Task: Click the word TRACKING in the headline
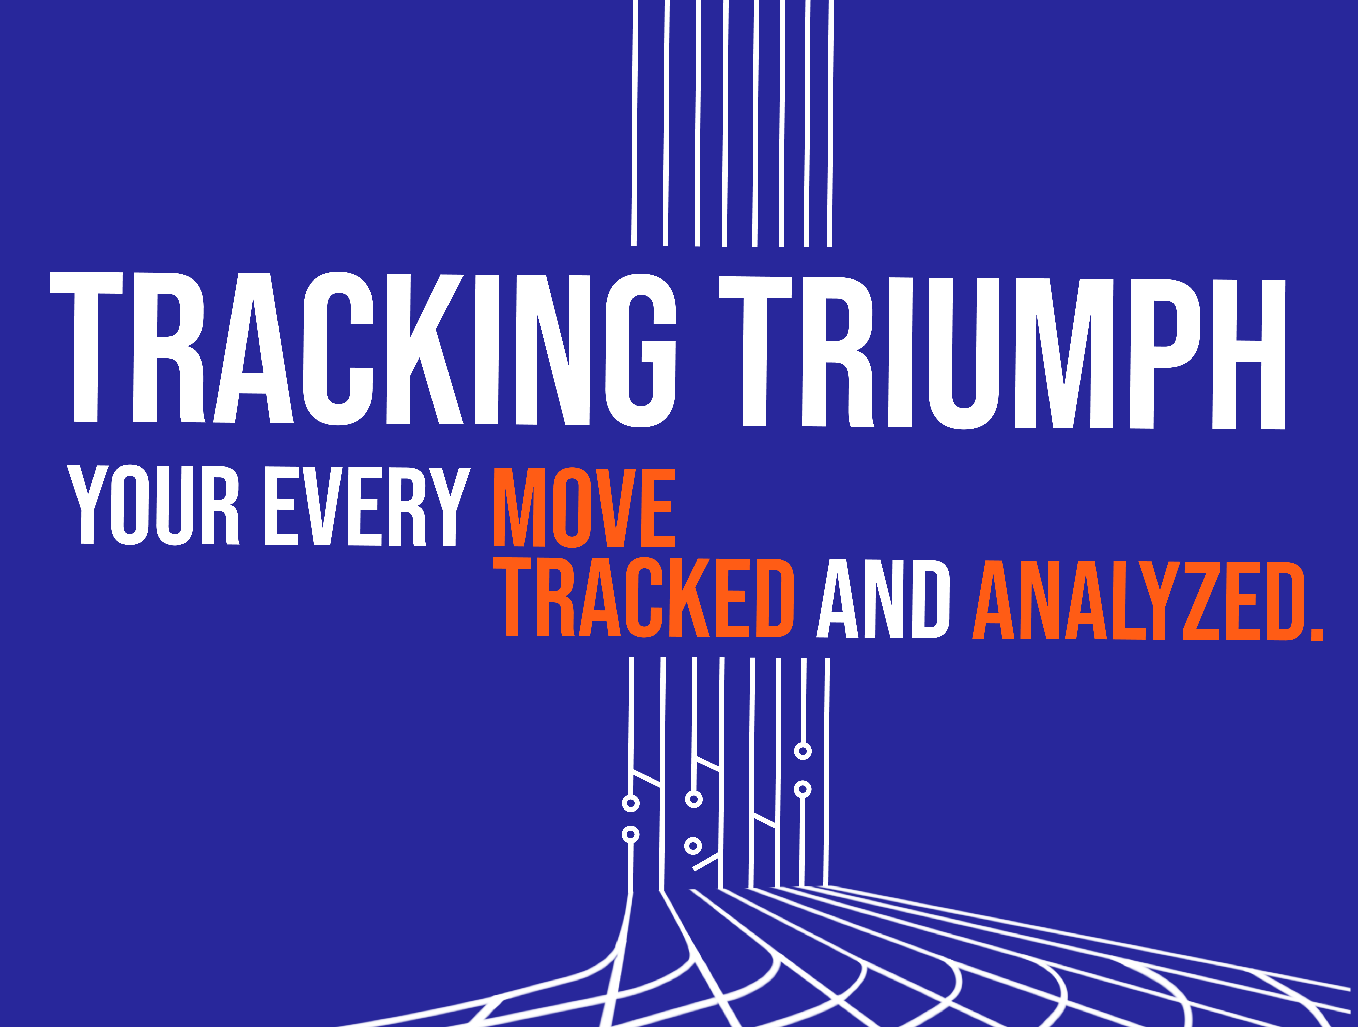362,349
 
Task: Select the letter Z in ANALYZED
1201,600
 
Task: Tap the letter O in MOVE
572,507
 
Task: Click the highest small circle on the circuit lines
803,751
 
